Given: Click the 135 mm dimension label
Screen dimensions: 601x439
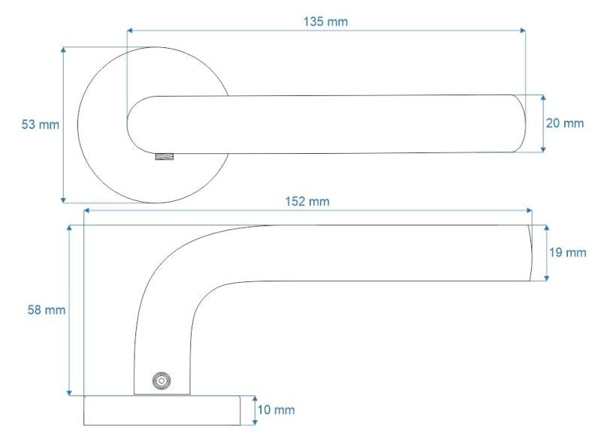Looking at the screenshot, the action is point(325,22).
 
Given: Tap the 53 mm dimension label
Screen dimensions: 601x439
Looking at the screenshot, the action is point(41,125).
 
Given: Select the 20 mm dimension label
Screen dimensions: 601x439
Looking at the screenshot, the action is point(565,123).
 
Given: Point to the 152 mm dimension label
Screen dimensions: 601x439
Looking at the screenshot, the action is point(307,201).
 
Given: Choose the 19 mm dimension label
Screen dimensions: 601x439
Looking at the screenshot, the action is point(568,253).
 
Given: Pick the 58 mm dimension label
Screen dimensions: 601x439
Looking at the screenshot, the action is point(47,310).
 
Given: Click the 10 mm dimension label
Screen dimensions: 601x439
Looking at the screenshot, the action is point(276,410).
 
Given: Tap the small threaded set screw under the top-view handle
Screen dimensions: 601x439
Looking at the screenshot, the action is point(165,156).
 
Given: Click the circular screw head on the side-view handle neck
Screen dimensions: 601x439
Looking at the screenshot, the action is point(162,380).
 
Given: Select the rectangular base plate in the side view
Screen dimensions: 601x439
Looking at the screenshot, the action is point(162,410).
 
